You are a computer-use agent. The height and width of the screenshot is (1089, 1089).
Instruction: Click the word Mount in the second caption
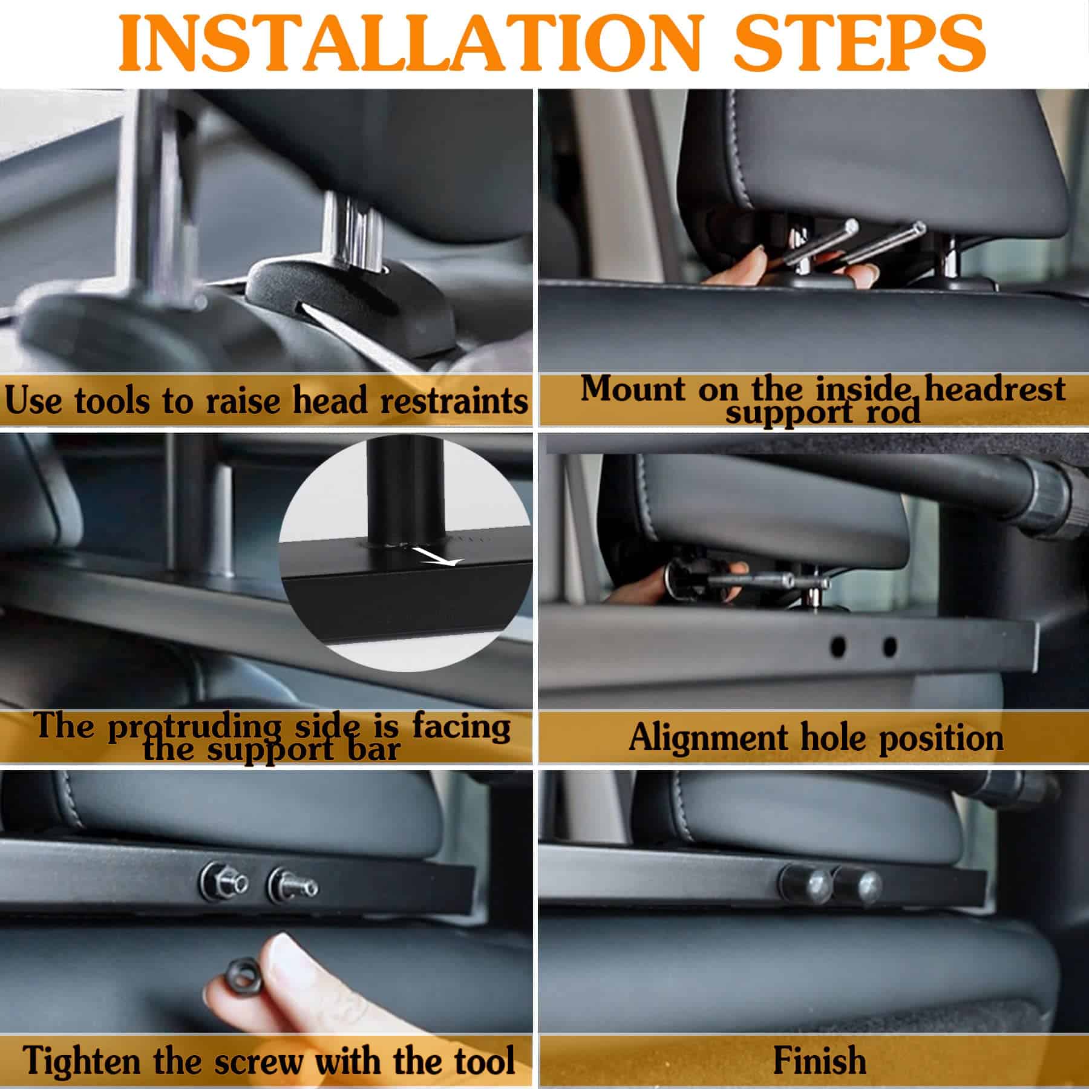632,389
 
